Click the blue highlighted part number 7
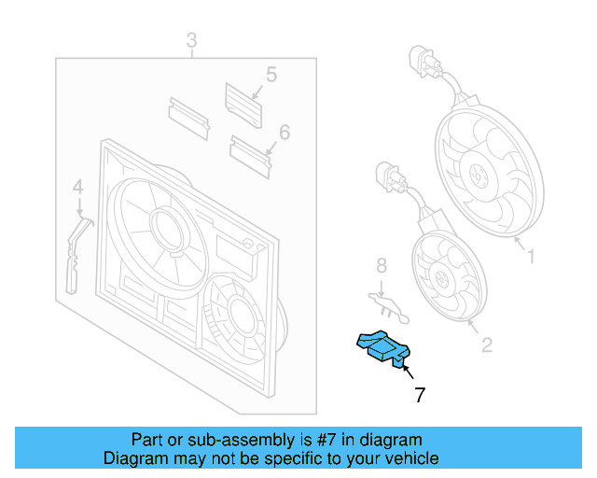(382, 347)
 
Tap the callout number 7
(420, 396)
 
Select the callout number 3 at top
(191, 40)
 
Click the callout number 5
(271, 74)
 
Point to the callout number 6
(284, 132)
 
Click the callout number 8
(381, 268)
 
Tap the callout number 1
(531, 253)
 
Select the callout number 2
(486, 345)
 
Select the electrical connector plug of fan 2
(387, 176)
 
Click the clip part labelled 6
(250, 151)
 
